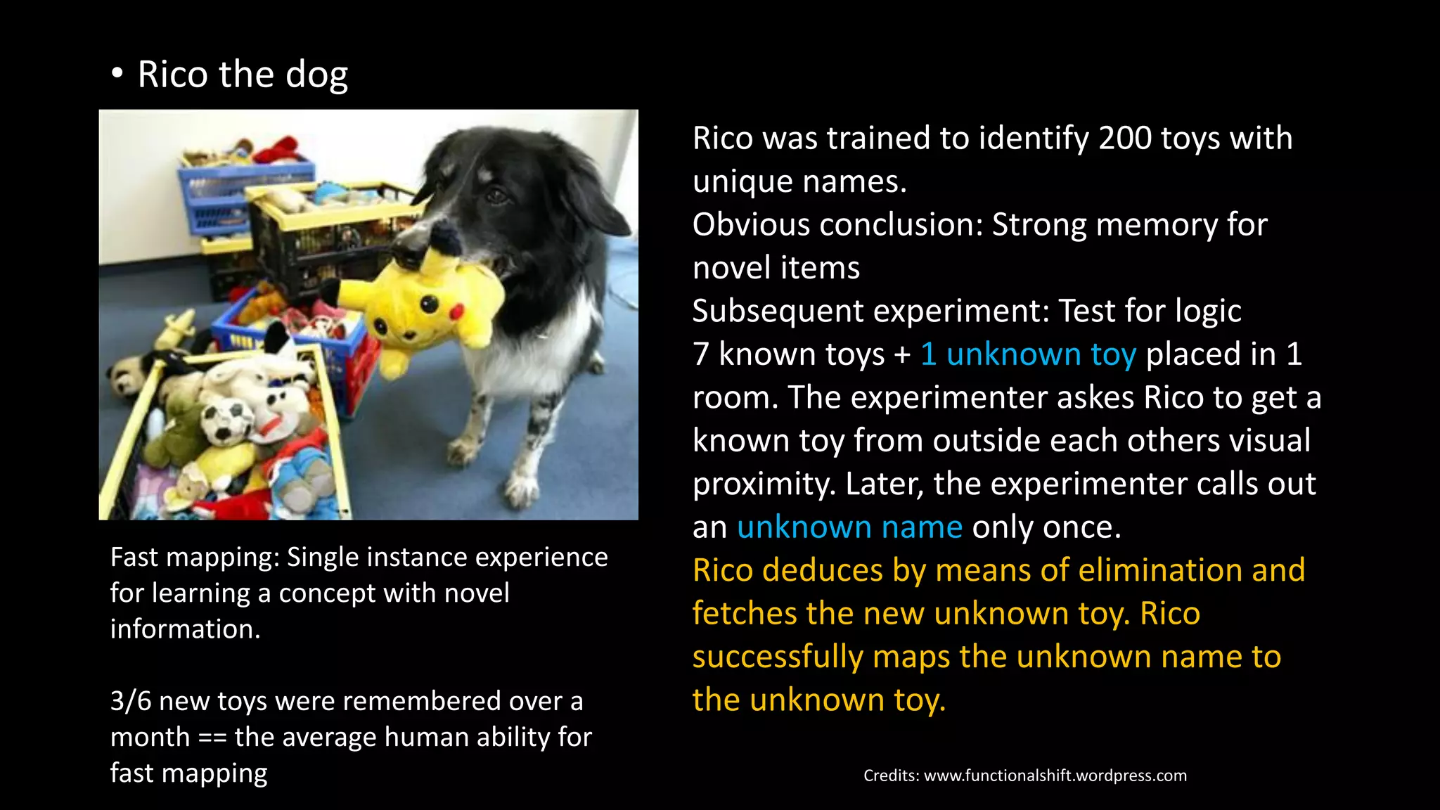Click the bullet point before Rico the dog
[117, 73]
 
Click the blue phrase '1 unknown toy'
[1028, 354]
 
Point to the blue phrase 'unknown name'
[849, 527]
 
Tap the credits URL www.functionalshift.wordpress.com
[1055, 776]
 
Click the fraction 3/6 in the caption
[130, 702]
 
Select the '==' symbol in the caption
[212, 738]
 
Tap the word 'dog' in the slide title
[316, 75]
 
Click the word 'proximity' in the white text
[762, 484]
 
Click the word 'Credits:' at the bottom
[891, 776]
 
